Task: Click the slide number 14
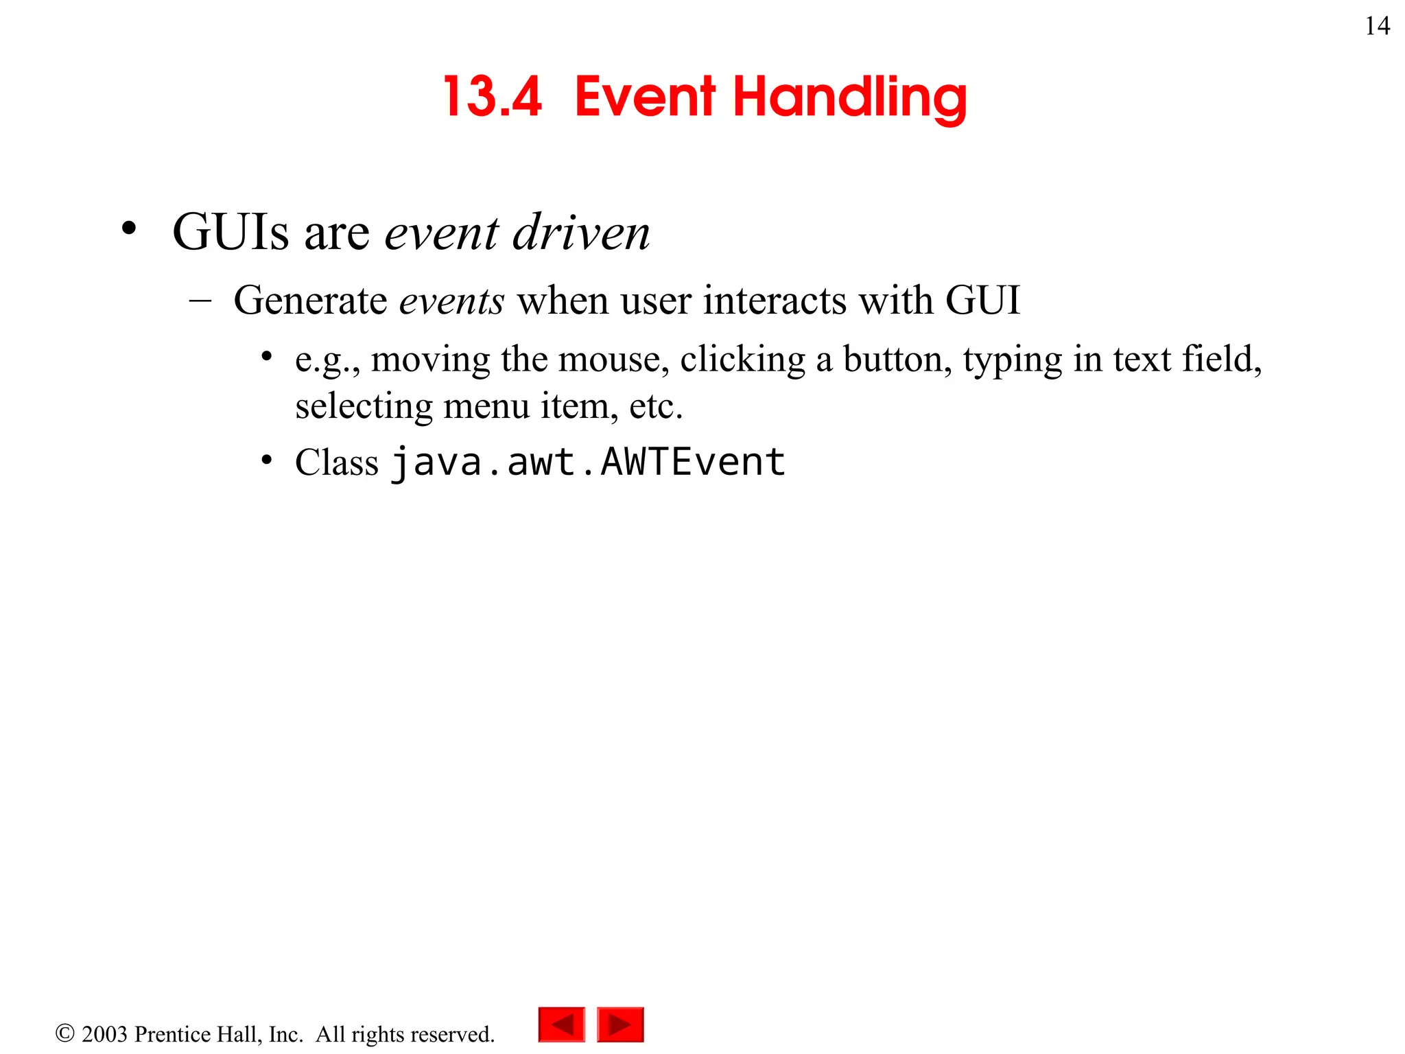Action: click(1377, 26)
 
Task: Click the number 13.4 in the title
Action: click(493, 97)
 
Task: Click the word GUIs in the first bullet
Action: click(231, 232)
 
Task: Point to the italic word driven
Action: click(581, 232)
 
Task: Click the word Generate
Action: click(310, 301)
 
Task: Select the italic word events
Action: click(451, 301)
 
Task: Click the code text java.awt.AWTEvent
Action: click(588, 462)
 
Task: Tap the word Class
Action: click(336, 462)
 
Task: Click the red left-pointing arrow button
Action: click(562, 1024)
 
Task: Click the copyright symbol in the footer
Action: click(64, 1033)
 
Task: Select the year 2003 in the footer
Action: click(104, 1034)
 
